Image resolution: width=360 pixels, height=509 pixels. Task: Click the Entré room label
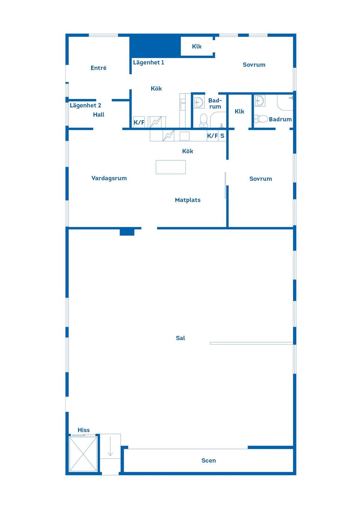pos(99,68)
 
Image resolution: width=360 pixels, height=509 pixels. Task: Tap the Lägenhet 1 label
pos(148,63)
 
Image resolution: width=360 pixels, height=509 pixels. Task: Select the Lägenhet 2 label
pos(85,105)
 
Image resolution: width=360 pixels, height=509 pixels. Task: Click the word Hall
pos(99,115)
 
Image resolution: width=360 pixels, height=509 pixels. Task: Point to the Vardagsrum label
pos(109,178)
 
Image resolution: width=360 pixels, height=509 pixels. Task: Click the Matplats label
pos(187,200)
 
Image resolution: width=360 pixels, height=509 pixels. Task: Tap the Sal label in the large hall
pos(180,338)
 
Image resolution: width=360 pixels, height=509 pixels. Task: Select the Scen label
pos(208,461)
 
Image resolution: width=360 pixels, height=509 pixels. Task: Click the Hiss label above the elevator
pos(84,430)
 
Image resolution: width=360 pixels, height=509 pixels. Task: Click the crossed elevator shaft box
pos(83,454)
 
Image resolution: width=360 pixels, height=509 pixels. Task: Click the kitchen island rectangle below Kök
pos(171,167)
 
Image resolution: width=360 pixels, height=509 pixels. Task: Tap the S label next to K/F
pos(222,136)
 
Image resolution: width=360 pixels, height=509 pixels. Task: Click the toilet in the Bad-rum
pos(204,120)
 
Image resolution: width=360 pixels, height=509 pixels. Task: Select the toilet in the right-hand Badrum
pos(262,119)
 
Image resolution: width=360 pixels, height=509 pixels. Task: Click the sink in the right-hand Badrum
pos(259,101)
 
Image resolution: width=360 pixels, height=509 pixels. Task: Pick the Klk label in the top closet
pos(196,46)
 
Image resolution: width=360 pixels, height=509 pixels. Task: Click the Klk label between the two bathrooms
pos(239,111)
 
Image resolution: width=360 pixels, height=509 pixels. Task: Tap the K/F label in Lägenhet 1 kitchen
pos(139,122)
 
